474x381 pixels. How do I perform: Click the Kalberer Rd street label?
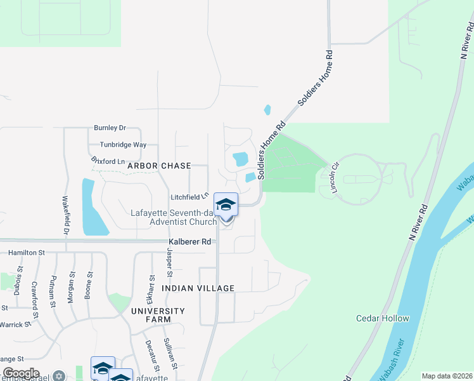pos(189,242)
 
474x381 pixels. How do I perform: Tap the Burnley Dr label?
pos(110,128)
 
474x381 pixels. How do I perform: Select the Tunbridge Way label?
pos(119,145)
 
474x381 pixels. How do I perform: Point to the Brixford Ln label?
pos(108,161)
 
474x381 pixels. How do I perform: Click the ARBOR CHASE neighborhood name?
pos(159,166)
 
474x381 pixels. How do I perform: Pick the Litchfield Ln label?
pos(189,197)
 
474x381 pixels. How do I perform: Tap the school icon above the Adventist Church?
pos(226,204)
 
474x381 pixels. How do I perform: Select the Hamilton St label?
pos(27,253)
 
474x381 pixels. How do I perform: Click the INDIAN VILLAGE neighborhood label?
pos(198,288)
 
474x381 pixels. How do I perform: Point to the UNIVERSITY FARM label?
pos(158,316)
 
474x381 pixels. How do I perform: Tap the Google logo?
pos(22,373)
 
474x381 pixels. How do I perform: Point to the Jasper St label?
pos(169,260)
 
